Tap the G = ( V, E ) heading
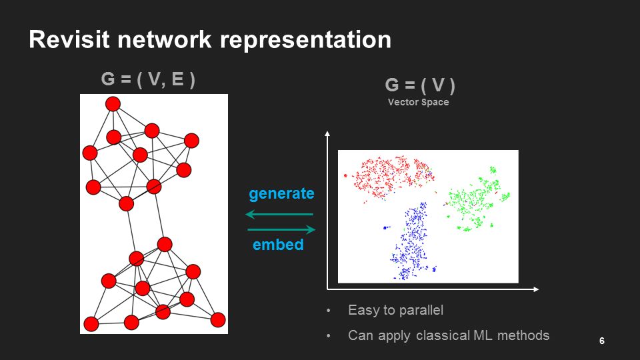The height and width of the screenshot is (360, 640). (148, 79)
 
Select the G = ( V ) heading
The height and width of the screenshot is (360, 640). (420, 86)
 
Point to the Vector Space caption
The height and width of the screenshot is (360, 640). (418, 103)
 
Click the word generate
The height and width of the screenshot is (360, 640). (281, 194)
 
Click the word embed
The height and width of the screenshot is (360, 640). (278, 245)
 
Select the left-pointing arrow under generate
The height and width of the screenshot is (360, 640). (279, 215)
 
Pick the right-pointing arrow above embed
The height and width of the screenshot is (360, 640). (281, 230)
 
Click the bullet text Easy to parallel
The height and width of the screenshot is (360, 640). (395, 310)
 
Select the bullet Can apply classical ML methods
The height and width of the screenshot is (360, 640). (449, 335)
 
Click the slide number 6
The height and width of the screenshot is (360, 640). (601, 341)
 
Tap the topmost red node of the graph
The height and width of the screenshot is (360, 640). (113, 103)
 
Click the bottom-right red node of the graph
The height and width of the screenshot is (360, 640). (218, 319)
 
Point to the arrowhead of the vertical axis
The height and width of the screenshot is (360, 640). (327, 135)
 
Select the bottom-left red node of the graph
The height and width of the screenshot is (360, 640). (91, 325)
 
